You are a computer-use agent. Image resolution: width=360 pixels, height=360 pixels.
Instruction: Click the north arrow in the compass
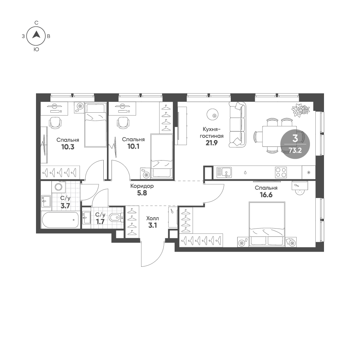pyautogui.click(x=36, y=35)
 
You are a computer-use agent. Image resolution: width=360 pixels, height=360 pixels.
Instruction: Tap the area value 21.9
pyautogui.click(x=211, y=143)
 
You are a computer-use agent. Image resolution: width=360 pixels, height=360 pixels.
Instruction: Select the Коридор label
pyautogui.click(x=142, y=186)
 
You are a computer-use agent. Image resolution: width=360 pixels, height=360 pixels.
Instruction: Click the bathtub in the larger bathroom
pyautogui.click(x=60, y=220)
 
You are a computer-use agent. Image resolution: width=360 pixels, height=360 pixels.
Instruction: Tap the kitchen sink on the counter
pyautogui.click(x=224, y=172)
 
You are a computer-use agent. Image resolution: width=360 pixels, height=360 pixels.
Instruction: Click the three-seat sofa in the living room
pyautogui.click(x=237, y=125)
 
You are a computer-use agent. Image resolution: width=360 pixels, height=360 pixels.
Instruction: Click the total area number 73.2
pyautogui.click(x=295, y=150)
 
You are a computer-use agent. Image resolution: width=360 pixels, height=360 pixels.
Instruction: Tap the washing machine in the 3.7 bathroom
pyautogui.click(x=59, y=186)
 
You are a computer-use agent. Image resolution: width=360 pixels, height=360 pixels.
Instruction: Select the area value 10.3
pyautogui.click(x=68, y=147)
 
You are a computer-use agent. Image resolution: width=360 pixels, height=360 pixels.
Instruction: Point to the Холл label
pyautogui.click(x=152, y=218)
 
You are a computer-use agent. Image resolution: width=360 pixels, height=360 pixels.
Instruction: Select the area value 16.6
pyautogui.click(x=266, y=195)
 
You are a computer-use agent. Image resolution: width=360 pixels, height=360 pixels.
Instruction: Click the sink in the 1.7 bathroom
pyautogui.click(x=86, y=217)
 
